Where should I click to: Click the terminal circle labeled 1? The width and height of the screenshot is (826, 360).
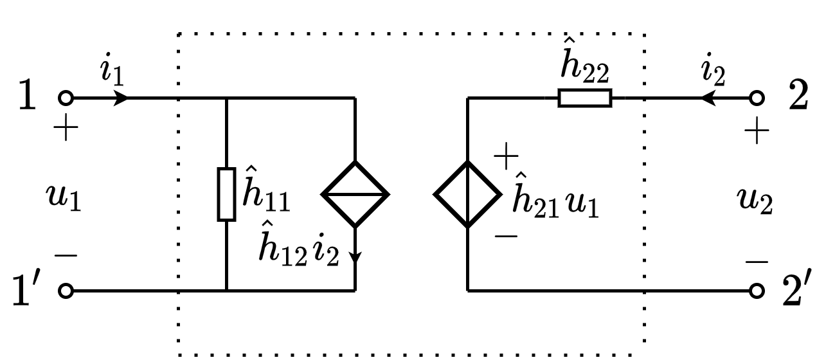pyautogui.click(x=66, y=98)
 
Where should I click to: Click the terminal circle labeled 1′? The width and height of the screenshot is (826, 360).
pyautogui.click(x=66, y=291)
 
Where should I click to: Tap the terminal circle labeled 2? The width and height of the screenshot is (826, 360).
pyautogui.click(x=757, y=98)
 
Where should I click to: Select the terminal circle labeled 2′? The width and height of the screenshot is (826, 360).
pyautogui.click(x=757, y=291)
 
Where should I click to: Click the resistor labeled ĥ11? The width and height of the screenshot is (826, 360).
pyautogui.click(x=227, y=194)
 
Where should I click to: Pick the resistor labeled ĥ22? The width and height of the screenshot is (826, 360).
pyautogui.click(x=584, y=98)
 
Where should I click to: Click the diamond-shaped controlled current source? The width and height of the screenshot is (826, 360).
pyautogui.click(x=355, y=194)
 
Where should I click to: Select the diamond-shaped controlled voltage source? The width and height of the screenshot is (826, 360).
pyautogui.click(x=467, y=194)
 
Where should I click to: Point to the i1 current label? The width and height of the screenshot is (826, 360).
pyautogui.click(x=111, y=71)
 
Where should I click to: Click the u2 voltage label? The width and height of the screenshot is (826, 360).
pyautogui.click(x=754, y=202)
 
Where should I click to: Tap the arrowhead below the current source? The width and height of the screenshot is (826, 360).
pyautogui.click(x=355, y=256)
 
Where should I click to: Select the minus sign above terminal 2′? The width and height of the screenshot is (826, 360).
pyautogui.click(x=757, y=262)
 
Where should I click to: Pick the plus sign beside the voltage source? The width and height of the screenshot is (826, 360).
pyautogui.click(x=506, y=154)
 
